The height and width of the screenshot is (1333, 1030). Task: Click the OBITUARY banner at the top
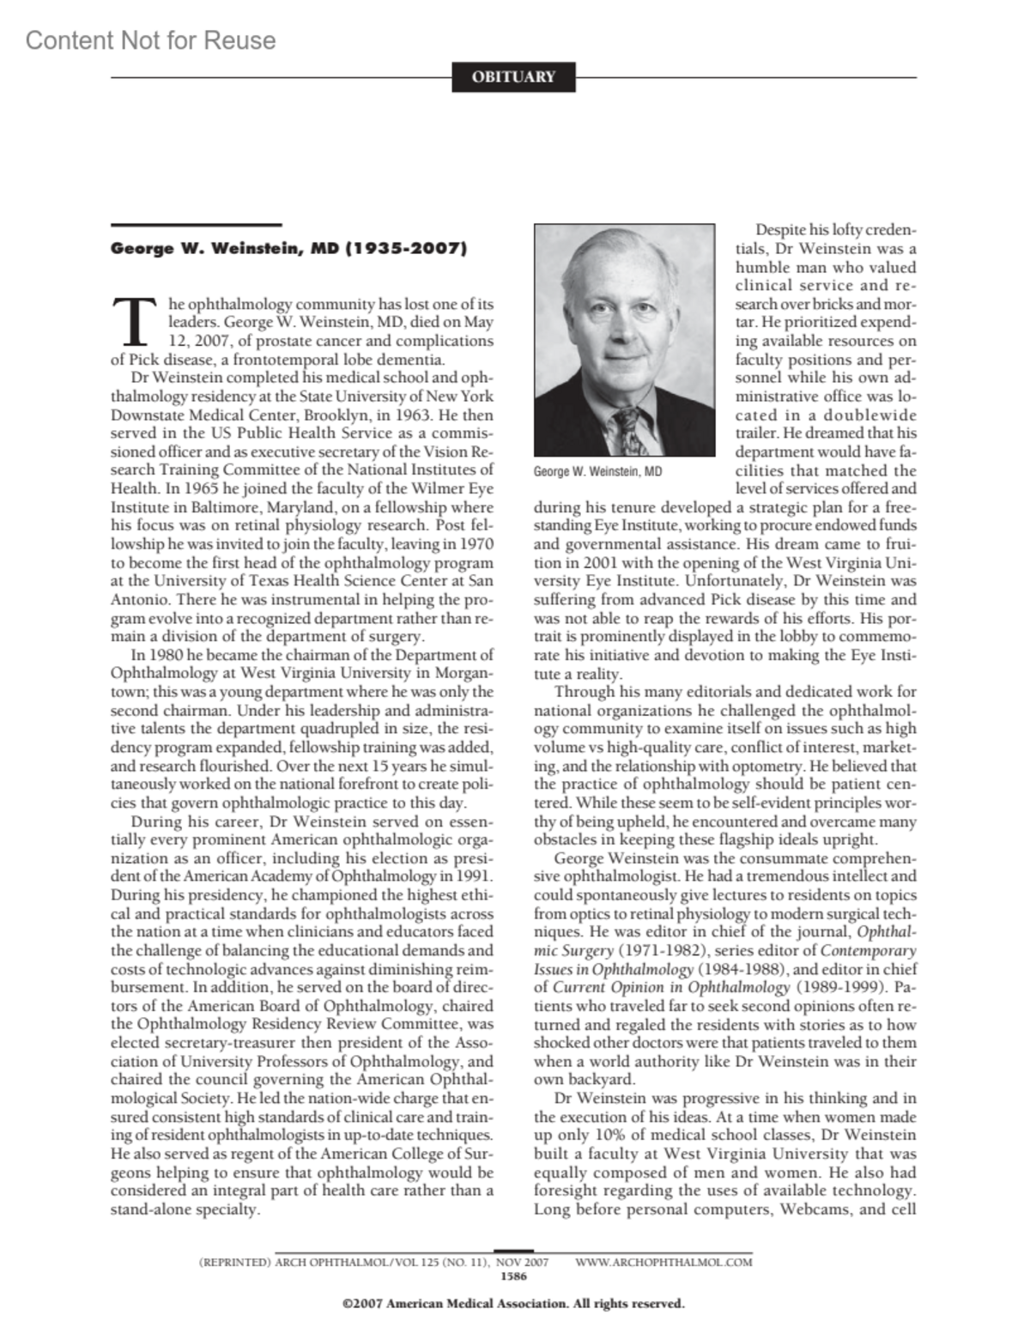click(x=513, y=77)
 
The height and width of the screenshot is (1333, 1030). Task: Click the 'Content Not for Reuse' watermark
click(x=151, y=40)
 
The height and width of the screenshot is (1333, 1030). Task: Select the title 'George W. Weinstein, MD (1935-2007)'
click(x=288, y=249)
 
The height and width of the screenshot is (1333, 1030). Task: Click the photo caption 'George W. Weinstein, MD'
click(x=597, y=471)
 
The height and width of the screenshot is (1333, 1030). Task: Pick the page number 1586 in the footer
click(x=513, y=1275)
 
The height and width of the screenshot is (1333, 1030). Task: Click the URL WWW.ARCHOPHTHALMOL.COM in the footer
click(x=663, y=1262)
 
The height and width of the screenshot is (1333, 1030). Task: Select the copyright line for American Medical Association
click(x=513, y=1304)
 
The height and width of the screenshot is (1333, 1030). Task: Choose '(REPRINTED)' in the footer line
click(x=234, y=1262)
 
